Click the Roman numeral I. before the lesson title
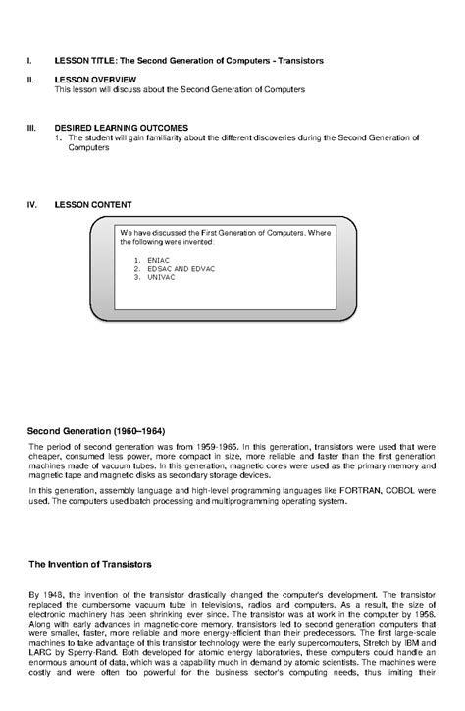click(28, 60)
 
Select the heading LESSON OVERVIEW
click(95, 79)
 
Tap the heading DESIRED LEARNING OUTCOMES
click(121, 128)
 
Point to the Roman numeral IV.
click(31, 204)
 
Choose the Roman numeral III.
click(30, 128)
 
